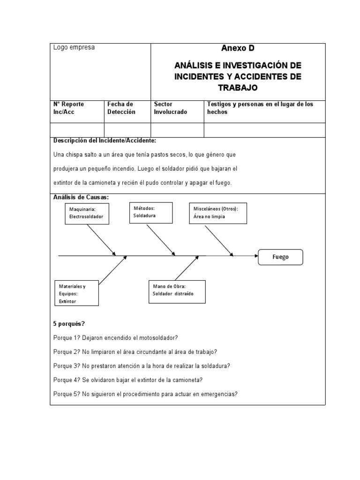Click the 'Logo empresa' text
pos(74,47)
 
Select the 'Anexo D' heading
pos(238,48)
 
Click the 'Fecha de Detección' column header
pos(121,108)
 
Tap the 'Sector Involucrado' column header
pos(171,108)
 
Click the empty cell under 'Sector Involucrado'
pos(177,130)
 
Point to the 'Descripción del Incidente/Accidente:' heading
pos(105,141)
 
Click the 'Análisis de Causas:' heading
pos(81,197)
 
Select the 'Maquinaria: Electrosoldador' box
pos(87,213)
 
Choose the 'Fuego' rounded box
pos(280,257)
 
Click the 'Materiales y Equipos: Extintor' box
pos(76,293)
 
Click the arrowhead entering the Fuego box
pos(256,256)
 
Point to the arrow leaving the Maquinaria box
pos(102,240)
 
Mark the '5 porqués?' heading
pos(69,324)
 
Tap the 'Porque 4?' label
pos(67,380)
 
